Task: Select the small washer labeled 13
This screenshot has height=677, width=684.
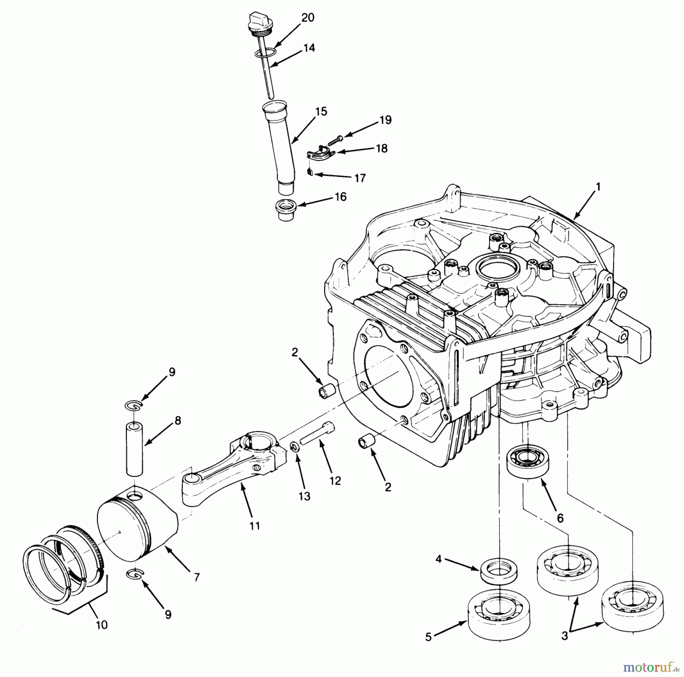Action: [x=294, y=446]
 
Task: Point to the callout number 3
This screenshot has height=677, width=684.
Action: [x=564, y=635]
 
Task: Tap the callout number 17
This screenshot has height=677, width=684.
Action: [x=359, y=178]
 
